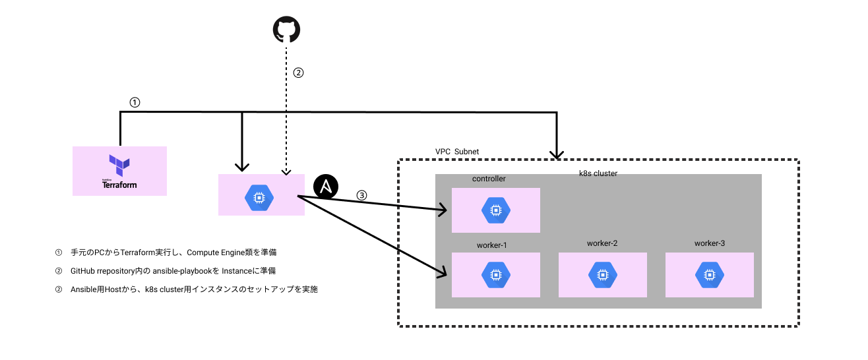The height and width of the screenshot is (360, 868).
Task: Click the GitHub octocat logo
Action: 286,29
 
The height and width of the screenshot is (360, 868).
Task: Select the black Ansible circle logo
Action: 325,187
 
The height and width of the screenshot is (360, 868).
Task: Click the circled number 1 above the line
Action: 135,103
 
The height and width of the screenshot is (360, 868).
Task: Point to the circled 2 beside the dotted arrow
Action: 298,73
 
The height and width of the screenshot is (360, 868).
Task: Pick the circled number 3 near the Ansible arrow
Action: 361,195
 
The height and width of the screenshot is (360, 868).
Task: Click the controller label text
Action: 489,179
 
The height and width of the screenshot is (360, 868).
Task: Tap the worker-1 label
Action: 491,245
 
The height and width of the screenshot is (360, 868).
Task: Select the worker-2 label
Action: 602,243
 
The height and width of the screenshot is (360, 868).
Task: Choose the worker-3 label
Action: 710,243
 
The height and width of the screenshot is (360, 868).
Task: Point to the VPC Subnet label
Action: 456,152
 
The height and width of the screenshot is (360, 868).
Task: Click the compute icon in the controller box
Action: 495,210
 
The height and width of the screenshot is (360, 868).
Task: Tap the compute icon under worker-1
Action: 495,275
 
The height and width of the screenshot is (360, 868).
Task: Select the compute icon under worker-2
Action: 602,274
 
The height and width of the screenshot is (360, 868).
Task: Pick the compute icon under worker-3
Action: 709,274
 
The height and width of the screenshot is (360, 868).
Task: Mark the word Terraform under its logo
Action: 119,185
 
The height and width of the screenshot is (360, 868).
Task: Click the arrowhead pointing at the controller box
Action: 444,211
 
